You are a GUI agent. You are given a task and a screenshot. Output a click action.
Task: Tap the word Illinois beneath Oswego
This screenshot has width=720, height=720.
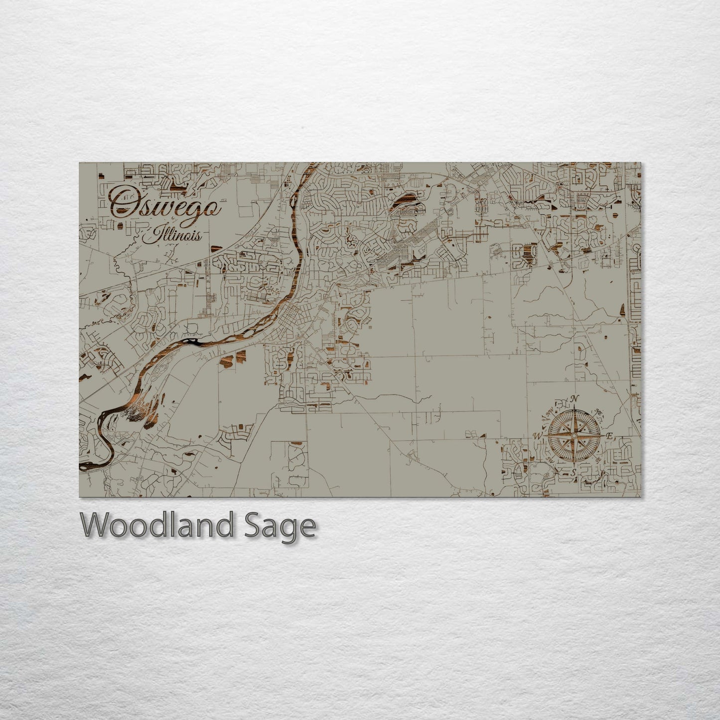point(172,234)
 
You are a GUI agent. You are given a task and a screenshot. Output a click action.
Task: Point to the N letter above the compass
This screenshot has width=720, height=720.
point(574,399)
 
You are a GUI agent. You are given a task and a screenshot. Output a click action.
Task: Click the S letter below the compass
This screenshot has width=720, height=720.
point(574,471)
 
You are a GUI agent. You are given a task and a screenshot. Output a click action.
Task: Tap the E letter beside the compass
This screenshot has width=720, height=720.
point(609,435)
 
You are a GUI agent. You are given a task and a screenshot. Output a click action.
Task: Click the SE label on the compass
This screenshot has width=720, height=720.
point(597,459)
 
